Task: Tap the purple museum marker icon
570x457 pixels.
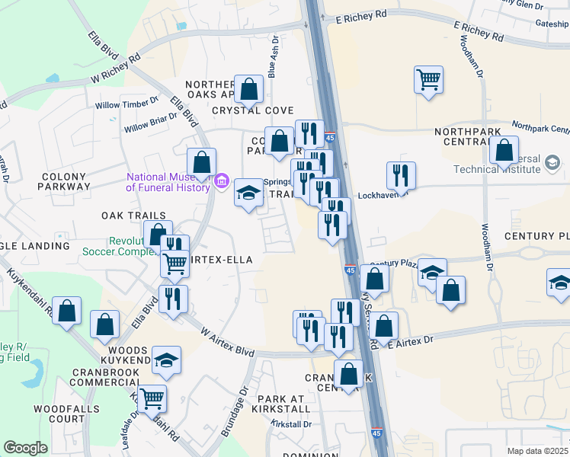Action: point(223,181)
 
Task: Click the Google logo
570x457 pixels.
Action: point(25,447)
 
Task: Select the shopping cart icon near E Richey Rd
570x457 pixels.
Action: point(429,79)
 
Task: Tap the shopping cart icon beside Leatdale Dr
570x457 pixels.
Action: point(152,397)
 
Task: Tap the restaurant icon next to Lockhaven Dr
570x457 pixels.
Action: point(400,176)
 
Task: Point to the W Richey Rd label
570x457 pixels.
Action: point(117,68)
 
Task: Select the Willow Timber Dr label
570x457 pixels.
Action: point(126,100)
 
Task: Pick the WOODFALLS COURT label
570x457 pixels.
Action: point(59,414)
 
